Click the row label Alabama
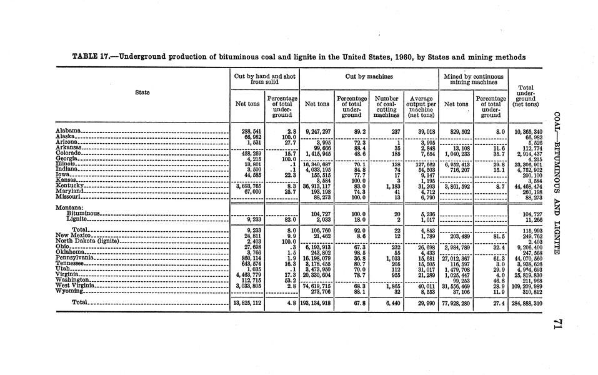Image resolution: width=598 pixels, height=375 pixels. [67, 131]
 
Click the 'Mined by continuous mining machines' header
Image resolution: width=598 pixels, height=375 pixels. [473, 79]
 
